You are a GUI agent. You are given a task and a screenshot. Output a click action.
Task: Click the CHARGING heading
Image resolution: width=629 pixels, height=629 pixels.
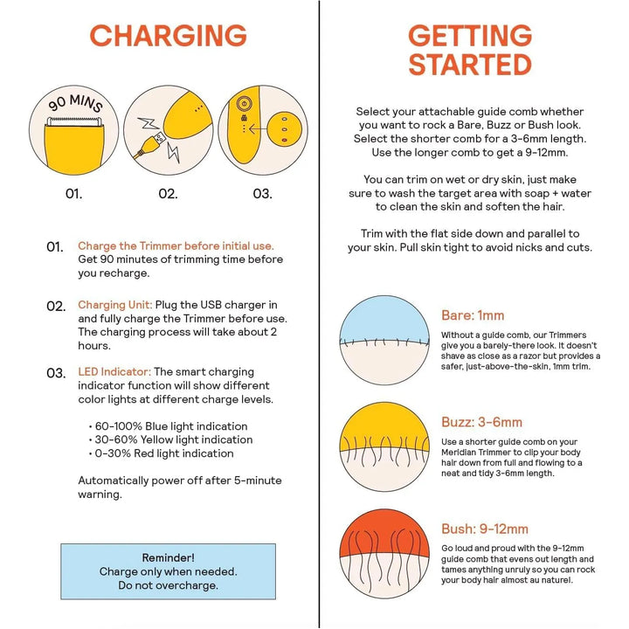pos(168,35)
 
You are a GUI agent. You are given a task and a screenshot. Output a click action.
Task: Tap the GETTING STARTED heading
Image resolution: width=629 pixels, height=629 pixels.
pos(470,50)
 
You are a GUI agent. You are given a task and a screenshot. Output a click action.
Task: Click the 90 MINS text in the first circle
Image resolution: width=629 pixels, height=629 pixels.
pos(75,102)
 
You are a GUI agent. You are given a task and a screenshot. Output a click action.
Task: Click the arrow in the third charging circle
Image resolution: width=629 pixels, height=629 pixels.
pos(257,129)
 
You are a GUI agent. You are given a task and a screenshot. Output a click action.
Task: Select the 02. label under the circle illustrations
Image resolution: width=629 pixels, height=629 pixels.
pos(168,194)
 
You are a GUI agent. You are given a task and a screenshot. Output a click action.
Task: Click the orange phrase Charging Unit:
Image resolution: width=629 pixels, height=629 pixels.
pos(115,305)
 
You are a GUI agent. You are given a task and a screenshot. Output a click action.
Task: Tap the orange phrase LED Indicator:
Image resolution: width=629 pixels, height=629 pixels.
pos(114,372)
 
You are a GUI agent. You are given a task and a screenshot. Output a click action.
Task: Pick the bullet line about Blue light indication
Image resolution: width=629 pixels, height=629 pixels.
pos(168,426)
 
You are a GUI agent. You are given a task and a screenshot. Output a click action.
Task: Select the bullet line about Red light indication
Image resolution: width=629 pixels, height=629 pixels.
pos(162,453)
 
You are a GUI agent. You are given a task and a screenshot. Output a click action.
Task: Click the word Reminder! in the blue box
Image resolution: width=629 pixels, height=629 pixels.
pos(168,557)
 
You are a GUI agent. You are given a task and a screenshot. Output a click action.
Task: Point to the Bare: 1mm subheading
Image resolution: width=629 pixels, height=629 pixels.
pos(473,315)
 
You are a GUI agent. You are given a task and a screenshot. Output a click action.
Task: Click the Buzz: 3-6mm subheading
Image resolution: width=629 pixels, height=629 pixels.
pos(481,422)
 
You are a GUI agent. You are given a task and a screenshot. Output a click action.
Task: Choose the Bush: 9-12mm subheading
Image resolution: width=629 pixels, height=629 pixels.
pos(485,529)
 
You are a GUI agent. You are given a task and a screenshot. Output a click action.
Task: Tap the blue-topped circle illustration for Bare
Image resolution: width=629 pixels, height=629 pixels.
pos(384,340)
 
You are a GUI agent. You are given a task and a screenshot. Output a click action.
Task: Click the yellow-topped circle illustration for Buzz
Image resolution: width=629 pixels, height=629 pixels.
pos(384,447)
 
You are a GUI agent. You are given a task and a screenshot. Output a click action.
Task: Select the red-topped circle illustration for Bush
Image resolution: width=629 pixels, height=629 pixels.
pos(384,554)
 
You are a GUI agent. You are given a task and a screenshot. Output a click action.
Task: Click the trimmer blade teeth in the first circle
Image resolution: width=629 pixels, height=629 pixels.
pos(73,121)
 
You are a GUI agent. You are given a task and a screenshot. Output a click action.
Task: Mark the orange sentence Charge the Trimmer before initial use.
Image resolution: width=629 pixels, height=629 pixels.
pos(176,245)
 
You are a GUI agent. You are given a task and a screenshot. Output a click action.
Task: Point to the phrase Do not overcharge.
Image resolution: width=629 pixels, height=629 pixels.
pos(168,585)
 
